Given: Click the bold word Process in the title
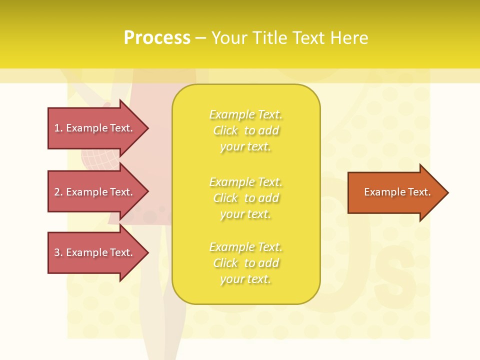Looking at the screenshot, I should [157, 38].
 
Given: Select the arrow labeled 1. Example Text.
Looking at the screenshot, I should [95, 128].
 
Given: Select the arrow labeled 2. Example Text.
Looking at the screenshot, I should [95, 192].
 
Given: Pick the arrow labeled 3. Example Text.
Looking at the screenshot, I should [95, 252].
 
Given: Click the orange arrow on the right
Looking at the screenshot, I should [395, 192].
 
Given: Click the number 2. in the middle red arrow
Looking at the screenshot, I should [58, 192].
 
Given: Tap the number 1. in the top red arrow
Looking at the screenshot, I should [58, 128].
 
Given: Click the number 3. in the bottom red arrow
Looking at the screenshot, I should [58, 252].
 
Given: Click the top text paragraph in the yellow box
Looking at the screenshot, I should [246, 130].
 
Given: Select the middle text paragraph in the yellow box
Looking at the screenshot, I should [246, 198].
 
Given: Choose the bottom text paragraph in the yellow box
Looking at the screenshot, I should [246, 263].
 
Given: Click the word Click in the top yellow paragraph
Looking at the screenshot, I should [225, 131].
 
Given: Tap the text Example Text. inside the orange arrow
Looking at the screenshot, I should [397, 192].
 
